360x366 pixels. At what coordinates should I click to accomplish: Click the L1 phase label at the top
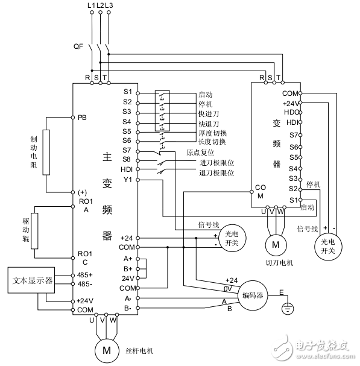90,5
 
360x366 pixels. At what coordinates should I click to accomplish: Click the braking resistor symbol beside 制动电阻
46,152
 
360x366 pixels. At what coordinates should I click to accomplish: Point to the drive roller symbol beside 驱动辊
34,231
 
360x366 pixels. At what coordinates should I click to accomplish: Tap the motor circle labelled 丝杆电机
106,349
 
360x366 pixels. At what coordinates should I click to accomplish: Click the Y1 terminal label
127,180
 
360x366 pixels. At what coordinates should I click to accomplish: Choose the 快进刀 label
208,113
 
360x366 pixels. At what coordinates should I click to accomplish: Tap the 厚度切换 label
212,133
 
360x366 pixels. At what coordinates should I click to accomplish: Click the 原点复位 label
201,153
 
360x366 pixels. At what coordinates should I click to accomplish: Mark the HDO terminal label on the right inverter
291,112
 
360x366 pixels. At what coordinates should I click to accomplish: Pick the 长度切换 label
212,142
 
